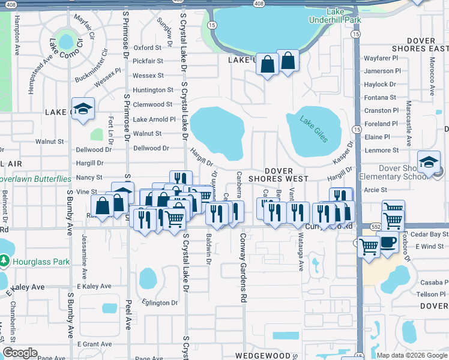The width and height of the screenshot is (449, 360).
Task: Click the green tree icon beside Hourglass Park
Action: (x=5, y=261)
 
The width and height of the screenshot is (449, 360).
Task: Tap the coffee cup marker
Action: (x=388, y=242)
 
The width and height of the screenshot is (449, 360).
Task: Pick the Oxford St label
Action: (x=148, y=47)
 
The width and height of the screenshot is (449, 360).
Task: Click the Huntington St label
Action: (x=153, y=90)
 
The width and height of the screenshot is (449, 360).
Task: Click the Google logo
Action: (x=20, y=352)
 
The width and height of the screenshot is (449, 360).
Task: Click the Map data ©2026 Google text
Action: (x=411, y=355)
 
